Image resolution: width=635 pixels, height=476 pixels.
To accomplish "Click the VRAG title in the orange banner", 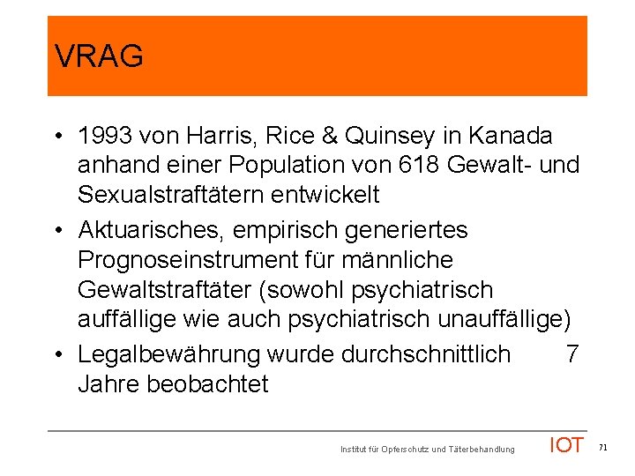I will tap(98, 57).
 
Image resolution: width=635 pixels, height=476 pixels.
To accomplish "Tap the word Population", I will tap(310, 165).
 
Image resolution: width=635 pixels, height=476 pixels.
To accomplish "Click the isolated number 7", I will tap(572, 354).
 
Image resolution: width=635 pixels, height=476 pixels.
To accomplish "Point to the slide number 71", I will tap(603, 448).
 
